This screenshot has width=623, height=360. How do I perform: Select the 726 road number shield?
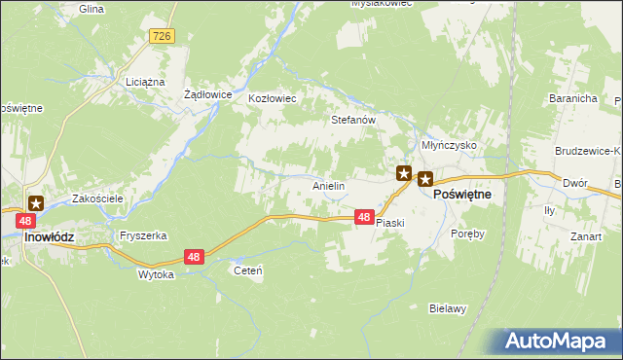point(163,36)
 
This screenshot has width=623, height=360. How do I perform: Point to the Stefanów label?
point(353,121)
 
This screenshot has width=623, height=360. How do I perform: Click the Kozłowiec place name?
point(272,99)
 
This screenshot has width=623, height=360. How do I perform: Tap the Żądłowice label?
point(207,94)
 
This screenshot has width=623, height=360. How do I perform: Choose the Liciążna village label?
point(145,83)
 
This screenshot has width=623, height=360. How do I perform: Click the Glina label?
point(92,8)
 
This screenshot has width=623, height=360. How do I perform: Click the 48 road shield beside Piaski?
point(362,218)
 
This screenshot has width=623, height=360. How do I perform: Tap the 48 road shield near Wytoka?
point(195,257)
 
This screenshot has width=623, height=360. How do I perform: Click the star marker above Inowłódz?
point(36,203)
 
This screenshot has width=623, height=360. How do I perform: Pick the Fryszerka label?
point(143,236)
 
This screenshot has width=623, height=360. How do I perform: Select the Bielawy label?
point(449,308)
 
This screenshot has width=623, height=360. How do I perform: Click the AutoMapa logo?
point(559,342)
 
